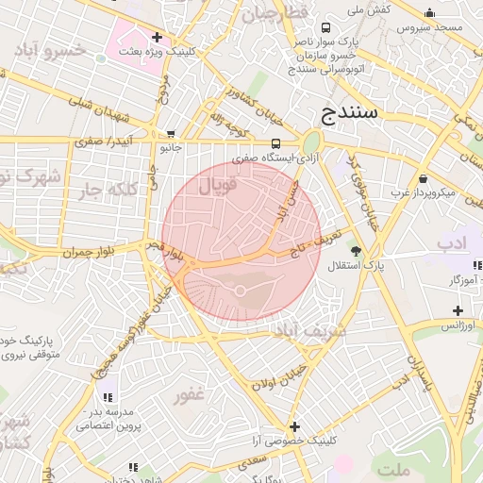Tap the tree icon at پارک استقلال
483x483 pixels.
pyautogui.click(x=356, y=251)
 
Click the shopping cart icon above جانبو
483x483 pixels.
pyautogui.click(x=170, y=134)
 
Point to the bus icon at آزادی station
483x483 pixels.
pyautogui.click(x=275, y=143)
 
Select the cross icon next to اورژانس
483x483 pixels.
pyautogui.click(x=458, y=310)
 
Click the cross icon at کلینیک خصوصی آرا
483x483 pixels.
pyautogui.click(x=294, y=426)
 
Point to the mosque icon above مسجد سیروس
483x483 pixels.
pyautogui.click(x=429, y=13)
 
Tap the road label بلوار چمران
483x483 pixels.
pyautogui.click(x=88, y=252)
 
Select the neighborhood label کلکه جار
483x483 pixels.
pyautogui.click(x=105, y=189)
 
